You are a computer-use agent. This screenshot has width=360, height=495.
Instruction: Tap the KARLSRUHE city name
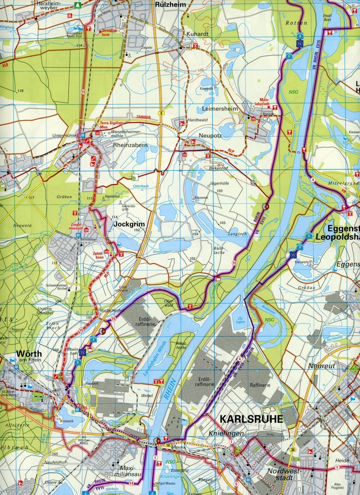click(251, 419)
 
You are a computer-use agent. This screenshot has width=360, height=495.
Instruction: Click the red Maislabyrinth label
click(266, 102)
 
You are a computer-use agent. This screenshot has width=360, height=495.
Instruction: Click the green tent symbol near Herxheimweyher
click(77, 6)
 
